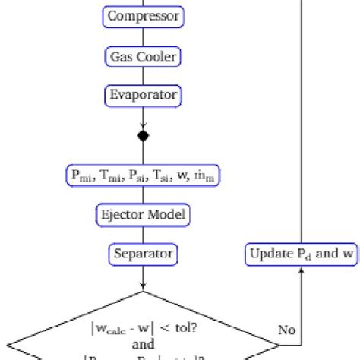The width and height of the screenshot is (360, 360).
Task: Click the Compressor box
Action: point(143,16)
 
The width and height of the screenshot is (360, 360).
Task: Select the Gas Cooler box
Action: point(143,56)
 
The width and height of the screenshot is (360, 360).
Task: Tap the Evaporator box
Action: point(143,96)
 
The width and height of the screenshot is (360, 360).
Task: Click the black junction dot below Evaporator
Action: point(143,136)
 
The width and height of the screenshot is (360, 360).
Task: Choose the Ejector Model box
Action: point(143,214)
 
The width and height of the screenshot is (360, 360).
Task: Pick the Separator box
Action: point(143,253)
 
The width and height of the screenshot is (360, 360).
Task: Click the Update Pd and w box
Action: point(302,253)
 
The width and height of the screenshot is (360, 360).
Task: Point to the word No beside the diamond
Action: point(286,330)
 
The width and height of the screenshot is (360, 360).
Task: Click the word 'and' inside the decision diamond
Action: point(143,343)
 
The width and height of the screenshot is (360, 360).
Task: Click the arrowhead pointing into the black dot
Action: point(143,128)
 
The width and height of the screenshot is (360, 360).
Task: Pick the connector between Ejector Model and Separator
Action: point(143,234)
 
